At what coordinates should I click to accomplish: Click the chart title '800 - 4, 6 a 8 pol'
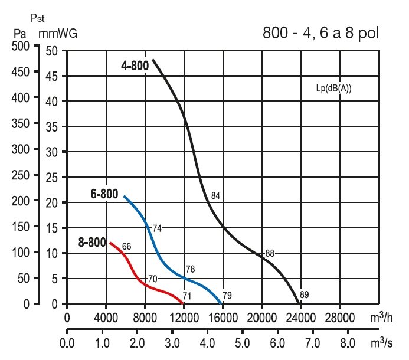point(320,34)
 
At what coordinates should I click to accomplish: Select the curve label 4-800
point(135,66)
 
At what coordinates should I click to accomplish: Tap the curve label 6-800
point(104,194)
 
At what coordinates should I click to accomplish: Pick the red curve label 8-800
point(92,242)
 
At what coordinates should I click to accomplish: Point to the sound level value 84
point(215,195)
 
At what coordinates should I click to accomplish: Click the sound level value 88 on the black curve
point(270,254)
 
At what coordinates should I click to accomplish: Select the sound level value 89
point(305,294)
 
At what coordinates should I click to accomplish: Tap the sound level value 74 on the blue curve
point(157,228)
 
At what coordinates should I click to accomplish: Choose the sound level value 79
point(227,295)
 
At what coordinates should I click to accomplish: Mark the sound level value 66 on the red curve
point(126,246)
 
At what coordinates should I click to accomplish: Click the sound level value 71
point(187,296)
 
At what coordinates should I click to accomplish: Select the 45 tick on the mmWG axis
point(53,76)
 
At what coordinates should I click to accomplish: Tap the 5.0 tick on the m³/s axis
point(241,343)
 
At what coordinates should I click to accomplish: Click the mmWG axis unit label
point(58,34)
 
